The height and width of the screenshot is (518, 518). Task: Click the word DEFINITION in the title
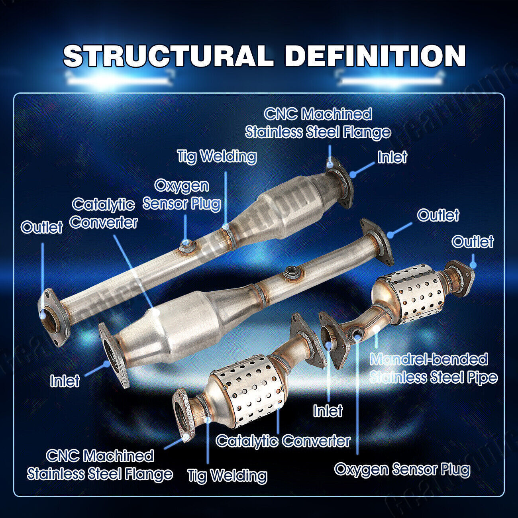[x=375, y=56]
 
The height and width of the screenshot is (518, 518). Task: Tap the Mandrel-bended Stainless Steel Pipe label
[x=433, y=368]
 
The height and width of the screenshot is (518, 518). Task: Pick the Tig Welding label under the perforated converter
[x=227, y=475]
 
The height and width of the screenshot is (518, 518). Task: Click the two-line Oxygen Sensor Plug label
[x=182, y=194]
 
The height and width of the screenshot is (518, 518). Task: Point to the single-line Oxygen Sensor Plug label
[x=402, y=469]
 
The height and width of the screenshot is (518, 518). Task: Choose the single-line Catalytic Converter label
[x=283, y=440]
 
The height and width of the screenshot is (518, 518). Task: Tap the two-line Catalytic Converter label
[x=104, y=214]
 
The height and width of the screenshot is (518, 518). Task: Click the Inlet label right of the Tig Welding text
[x=392, y=157]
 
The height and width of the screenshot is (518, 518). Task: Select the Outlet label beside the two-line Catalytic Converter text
[x=42, y=227]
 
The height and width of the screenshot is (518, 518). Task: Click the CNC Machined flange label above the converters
[x=318, y=123]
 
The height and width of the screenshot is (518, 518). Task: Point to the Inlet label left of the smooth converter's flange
[x=65, y=381]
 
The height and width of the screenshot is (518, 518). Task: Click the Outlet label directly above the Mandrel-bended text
[x=473, y=241]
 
